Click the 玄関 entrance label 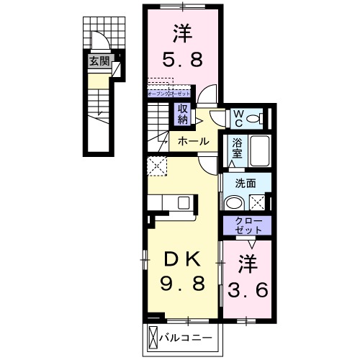click(x=99, y=62)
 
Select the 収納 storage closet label click(x=183, y=114)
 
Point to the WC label click(x=238, y=117)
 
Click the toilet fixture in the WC click(x=260, y=117)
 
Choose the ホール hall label click(x=193, y=141)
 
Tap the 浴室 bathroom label click(x=236, y=150)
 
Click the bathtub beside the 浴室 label click(x=259, y=152)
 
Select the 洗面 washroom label click(x=244, y=183)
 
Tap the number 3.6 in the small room click(x=248, y=290)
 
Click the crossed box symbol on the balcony click(x=153, y=337)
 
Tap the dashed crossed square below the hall click(x=156, y=166)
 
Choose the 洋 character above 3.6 click(x=248, y=263)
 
